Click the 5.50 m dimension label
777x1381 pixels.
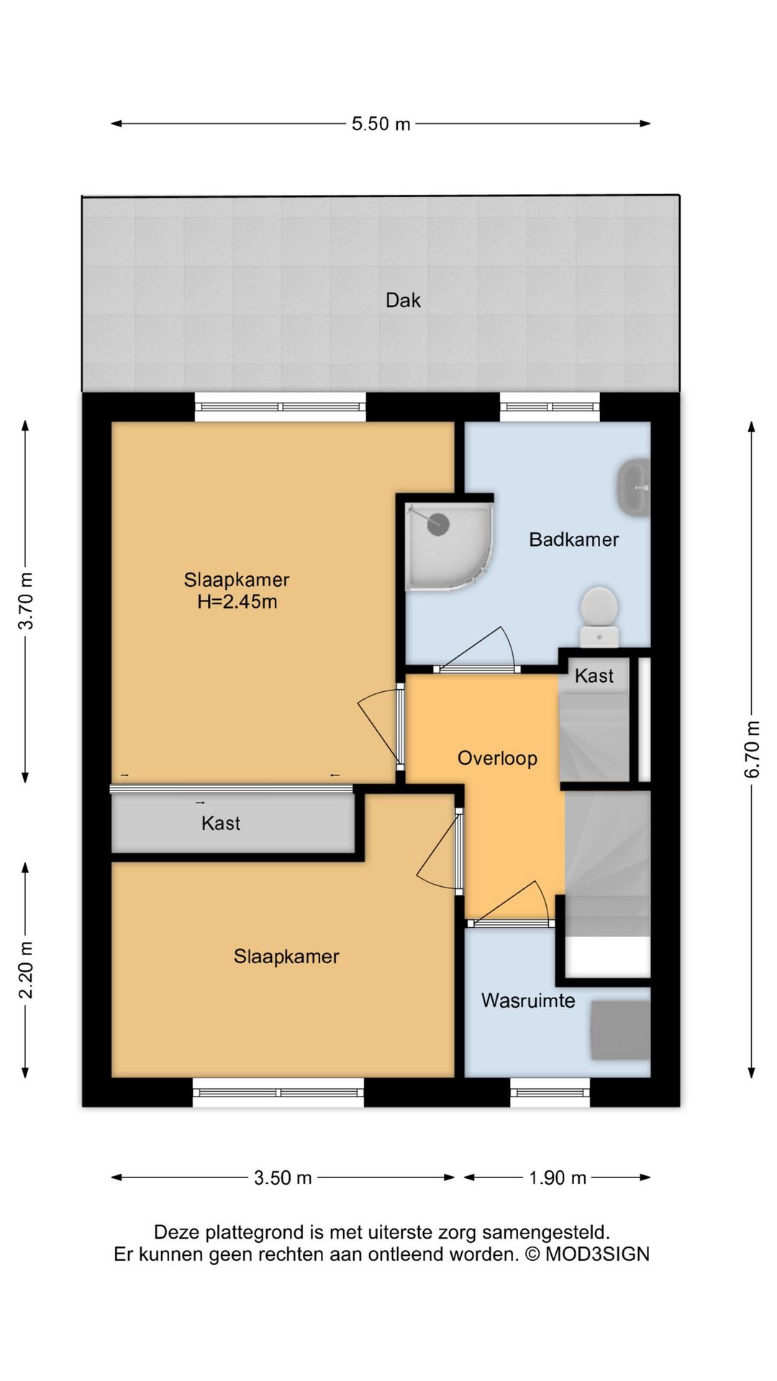click(381, 124)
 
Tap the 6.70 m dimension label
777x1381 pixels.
click(752, 749)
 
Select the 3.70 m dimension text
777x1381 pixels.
click(26, 601)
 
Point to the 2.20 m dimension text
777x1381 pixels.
click(26, 970)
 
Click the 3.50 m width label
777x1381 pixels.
click(283, 1177)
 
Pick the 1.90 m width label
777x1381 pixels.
click(558, 1177)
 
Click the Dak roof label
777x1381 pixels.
click(403, 300)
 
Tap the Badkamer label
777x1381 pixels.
click(574, 539)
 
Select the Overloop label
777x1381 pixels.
click(498, 759)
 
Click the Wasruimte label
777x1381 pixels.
click(528, 1001)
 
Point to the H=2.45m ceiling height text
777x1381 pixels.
click(237, 602)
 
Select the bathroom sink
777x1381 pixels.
click(633, 487)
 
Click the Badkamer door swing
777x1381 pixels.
click(476, 650)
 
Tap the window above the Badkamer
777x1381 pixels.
click(550, 407)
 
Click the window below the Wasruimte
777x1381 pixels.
click(550, 1093)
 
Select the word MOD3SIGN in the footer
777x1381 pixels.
click(597, 1254)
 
